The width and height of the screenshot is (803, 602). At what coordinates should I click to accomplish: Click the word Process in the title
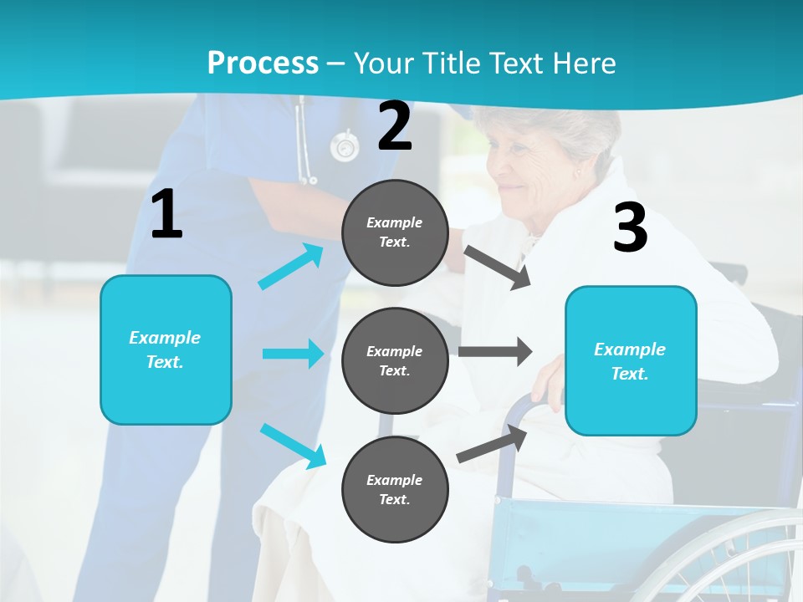point(263,63)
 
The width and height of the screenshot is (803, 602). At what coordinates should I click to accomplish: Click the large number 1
point(166,215)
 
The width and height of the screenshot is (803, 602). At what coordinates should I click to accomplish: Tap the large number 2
point(395,126)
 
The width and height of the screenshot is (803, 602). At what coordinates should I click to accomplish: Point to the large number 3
point(630,227)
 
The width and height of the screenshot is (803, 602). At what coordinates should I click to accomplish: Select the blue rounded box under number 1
point(166,349)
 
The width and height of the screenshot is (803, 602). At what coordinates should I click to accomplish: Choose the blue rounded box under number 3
point(630,360)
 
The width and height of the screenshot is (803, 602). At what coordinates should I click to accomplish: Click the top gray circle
point(395,232)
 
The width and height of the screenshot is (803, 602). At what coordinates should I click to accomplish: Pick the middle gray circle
point(395,360)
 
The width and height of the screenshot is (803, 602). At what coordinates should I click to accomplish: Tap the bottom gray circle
point(395,489)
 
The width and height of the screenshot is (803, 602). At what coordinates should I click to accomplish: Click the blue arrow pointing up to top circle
point(291,267)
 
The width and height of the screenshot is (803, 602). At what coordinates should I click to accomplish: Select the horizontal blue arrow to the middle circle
point(293,354)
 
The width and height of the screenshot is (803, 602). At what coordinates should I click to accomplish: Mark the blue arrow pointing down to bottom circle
point(293,445)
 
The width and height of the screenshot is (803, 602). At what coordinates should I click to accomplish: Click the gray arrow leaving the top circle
point(498,268)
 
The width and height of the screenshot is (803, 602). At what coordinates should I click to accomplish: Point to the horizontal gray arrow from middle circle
point(495,351)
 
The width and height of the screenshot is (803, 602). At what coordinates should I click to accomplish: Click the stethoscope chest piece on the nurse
point(344,147)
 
